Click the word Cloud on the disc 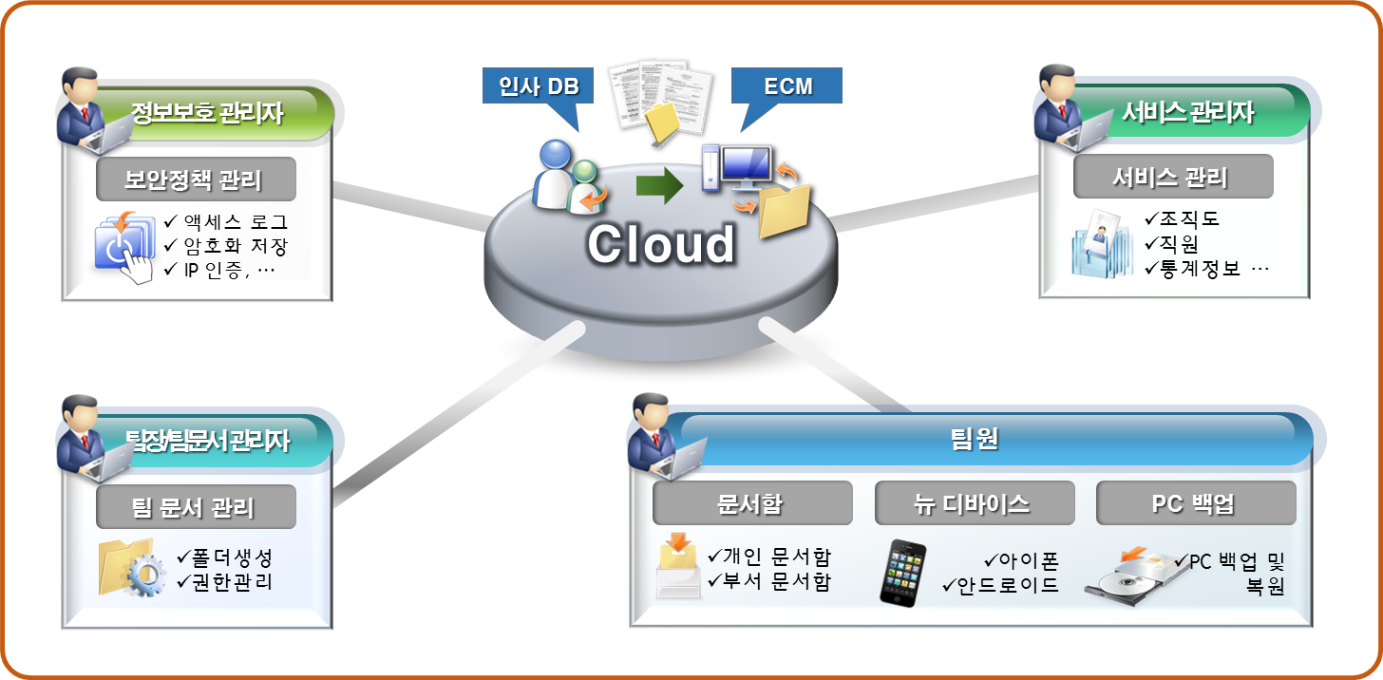coord(660,244)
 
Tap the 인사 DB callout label coord(539,86)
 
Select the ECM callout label coord(787,86)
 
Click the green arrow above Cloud coord(659,184)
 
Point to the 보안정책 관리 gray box coord(196,179)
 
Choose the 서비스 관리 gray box coord(1172,177)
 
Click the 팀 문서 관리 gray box coord(196,507)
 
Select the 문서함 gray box coord(750,503)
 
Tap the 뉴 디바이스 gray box coord(974,503)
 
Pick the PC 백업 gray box coord(1196,503)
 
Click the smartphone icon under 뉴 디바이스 coord(900,573)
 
